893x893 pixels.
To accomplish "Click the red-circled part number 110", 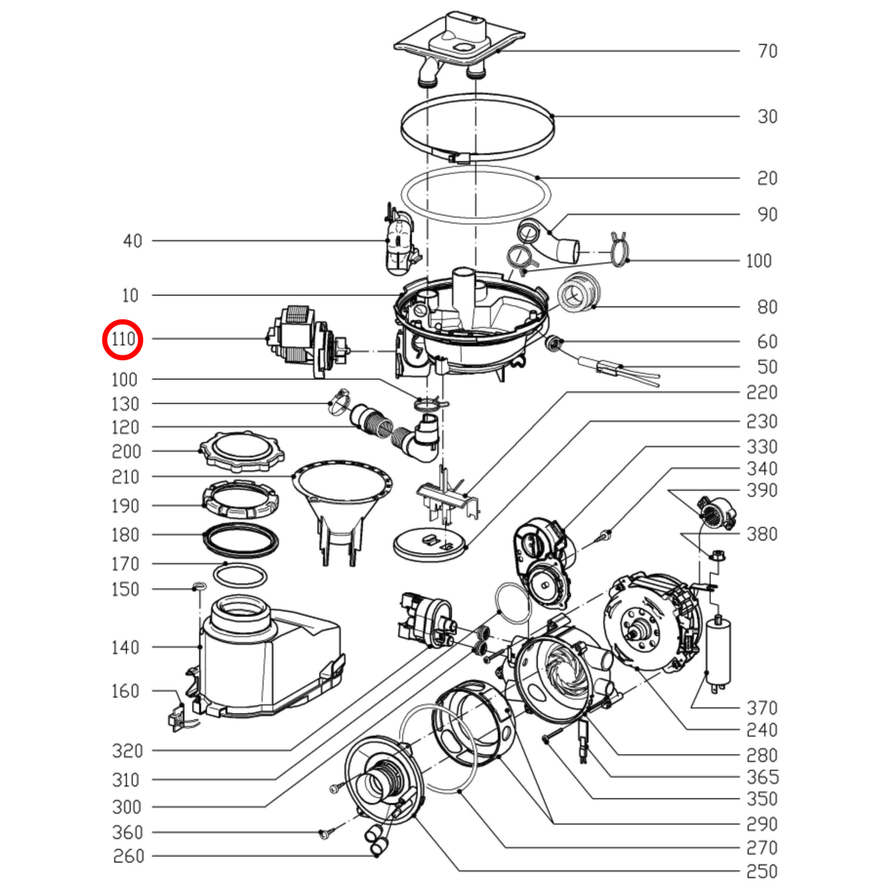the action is coord(123,339).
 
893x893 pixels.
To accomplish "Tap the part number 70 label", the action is coord(768,51).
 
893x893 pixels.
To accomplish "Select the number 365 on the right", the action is coord(763,777).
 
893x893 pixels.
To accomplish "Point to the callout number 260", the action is coord(129,857).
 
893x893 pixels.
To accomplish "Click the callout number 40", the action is coord(132,241).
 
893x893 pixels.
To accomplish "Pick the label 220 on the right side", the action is coord(763,392).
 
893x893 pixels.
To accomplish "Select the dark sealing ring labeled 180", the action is coord(240,540).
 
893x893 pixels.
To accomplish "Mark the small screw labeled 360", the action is coord(324,835).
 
